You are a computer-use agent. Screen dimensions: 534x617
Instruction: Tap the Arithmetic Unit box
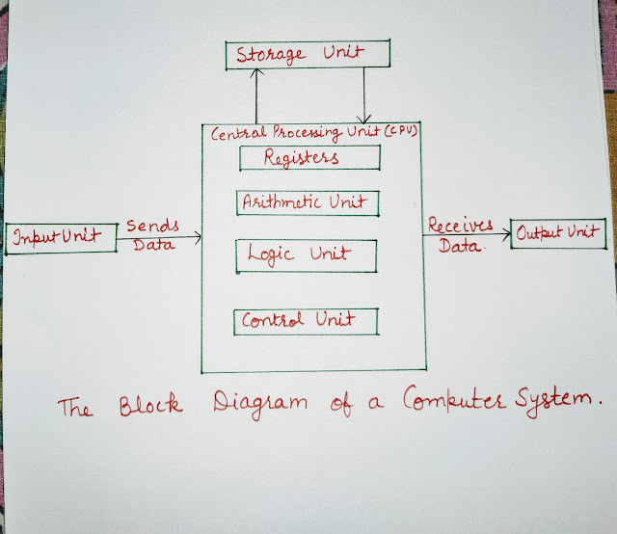pyautogui.click(x=307, y=202)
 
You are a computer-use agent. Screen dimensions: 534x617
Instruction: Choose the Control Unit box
pyautogui.click(x=306, y=321)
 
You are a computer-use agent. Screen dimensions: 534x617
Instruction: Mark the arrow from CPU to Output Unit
pyautogui.click(x=468, y=234)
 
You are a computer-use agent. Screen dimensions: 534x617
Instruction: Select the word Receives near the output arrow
pyautogui.click(x=460, y=225)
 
